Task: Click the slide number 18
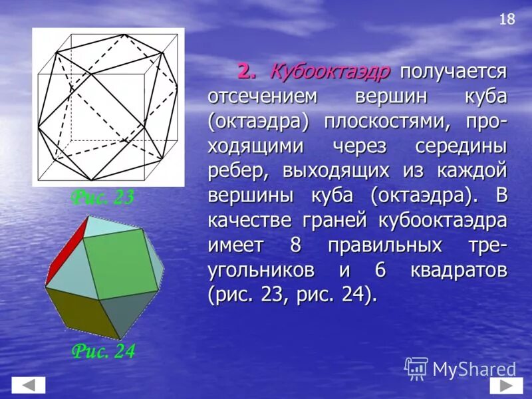point(507,19)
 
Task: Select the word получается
point(454,71)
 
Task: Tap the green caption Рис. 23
point(103,198)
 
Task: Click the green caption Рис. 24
point(103,351)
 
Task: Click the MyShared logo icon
point(416,368)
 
